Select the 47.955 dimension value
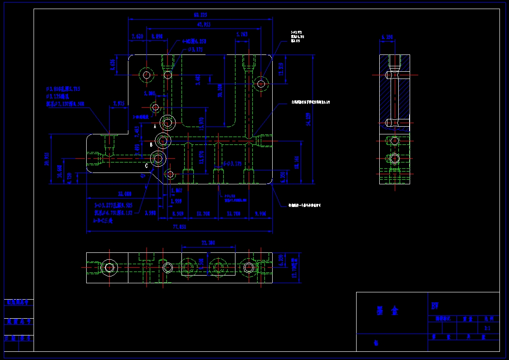(x=203, y=25)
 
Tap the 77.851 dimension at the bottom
(x=180, y=227)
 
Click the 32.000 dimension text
(x=124, y=194)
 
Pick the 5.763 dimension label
(x=242, y=35)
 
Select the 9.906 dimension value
(x=261, y=213)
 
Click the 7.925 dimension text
(x=118, y=104)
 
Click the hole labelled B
(x=163, y=140)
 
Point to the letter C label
(x=147, y=166)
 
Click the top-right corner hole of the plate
(x=260, y=84)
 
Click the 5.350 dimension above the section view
(x=387, y=37)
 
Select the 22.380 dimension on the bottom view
(x=208, y=243)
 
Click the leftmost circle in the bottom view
(x=109, y=267)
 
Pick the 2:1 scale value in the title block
(x=487, y=328)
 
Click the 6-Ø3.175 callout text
(x=232, y=163)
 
